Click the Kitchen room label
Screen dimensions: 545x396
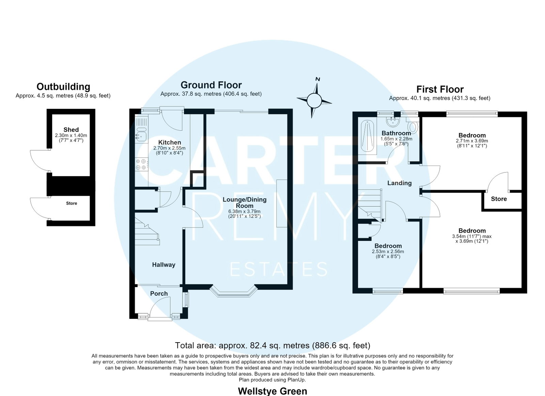[170, 142]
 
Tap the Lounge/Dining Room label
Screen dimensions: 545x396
[245, 203]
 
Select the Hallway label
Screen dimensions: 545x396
[163, 265]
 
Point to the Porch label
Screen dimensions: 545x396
[159, 294]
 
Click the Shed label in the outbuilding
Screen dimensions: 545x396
[71, 130]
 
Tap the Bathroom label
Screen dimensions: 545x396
[396, 133]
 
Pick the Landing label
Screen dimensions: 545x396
[400, 183]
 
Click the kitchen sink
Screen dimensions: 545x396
[141, 136]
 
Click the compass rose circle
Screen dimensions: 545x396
[314, 101]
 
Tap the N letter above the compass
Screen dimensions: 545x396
[317, 79]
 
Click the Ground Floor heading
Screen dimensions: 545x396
[211, 85]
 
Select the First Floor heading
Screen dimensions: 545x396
[440, 89]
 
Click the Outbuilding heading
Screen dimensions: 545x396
[63, 87]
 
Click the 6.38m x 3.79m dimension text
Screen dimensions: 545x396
[244, 211]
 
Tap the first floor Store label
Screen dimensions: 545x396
[499, 199]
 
